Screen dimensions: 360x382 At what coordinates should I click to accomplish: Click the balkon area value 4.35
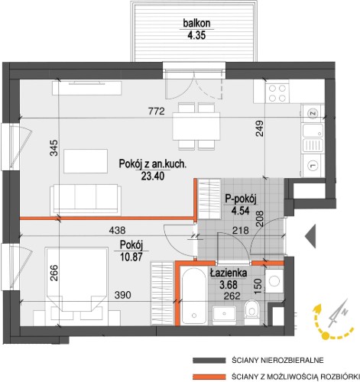[x=196, y=35]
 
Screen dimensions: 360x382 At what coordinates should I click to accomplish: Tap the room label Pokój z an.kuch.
[x=153, y=163]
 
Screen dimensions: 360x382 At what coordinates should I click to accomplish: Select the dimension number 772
[x=156, y=112]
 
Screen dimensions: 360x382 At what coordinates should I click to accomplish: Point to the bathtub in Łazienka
[x=194, y=296]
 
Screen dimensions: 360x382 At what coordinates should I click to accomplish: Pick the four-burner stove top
[x=277, y=93]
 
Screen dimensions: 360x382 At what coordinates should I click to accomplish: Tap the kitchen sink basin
[x=313, y=131]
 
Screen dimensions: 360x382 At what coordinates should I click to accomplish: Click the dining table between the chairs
[x=196, y=126]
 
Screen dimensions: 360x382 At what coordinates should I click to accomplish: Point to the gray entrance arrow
[x=310, y=236]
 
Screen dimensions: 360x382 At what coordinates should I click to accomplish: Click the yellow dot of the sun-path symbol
[x=326, y=336]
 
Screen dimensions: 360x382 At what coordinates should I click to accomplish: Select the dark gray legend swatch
[x=209, y=361]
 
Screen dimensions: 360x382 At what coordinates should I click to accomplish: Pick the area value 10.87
[x=131, y=257]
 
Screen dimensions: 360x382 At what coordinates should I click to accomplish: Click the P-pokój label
[x=240, y=199]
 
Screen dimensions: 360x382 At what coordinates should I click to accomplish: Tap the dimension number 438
[x=117, y=231]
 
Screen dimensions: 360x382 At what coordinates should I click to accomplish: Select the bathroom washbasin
[x=225, y=313]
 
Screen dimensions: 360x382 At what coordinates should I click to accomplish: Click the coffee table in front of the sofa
[x=86, y=161]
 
